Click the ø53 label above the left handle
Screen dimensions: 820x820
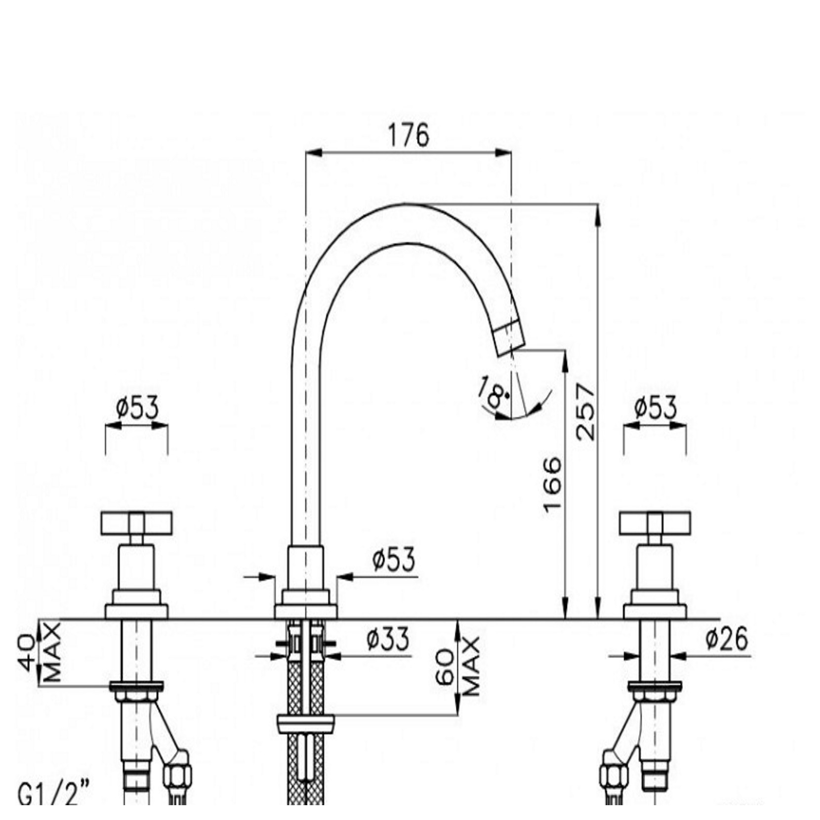click(137, 409)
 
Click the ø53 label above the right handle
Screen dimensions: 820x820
click(655, 409)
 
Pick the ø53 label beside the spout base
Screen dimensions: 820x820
click(394, 560)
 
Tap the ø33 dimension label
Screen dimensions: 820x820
click(388, 639)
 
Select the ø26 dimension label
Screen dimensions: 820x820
click(727, 640)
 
